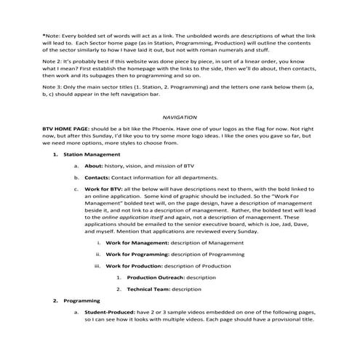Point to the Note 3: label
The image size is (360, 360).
pos(52,93)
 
